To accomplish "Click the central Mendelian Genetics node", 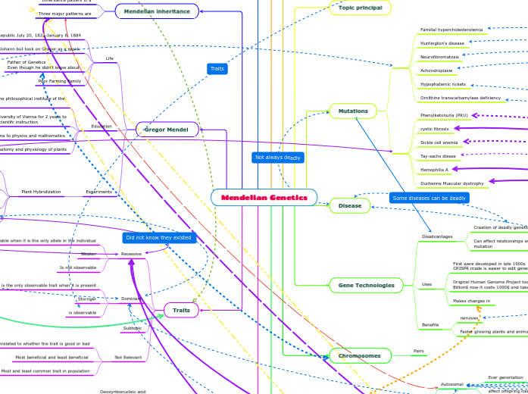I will tap(264, 198).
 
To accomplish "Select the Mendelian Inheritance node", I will tap(157, 11).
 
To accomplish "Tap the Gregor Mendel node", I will tap(167, 130).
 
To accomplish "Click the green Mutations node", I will tap(353, 111).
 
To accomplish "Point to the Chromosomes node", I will tap(360, 355).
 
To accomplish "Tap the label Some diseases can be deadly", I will tap(429, 198).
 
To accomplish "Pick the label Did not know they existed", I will tap(158, 237).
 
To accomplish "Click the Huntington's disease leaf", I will tap(442, 43).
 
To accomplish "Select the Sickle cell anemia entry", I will tap(439, 142).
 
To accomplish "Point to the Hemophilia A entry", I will tap(435, 170).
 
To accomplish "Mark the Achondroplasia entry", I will tap(436, 70).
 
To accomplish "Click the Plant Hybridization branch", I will tap(41, 192).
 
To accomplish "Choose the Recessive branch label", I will tap(131, 254).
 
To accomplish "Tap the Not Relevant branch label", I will tap(127, 357).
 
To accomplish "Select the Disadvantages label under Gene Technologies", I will tap(436, 236).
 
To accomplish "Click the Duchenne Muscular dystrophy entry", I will tap(451, 183).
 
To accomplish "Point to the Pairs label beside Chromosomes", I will tap(418, 352).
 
